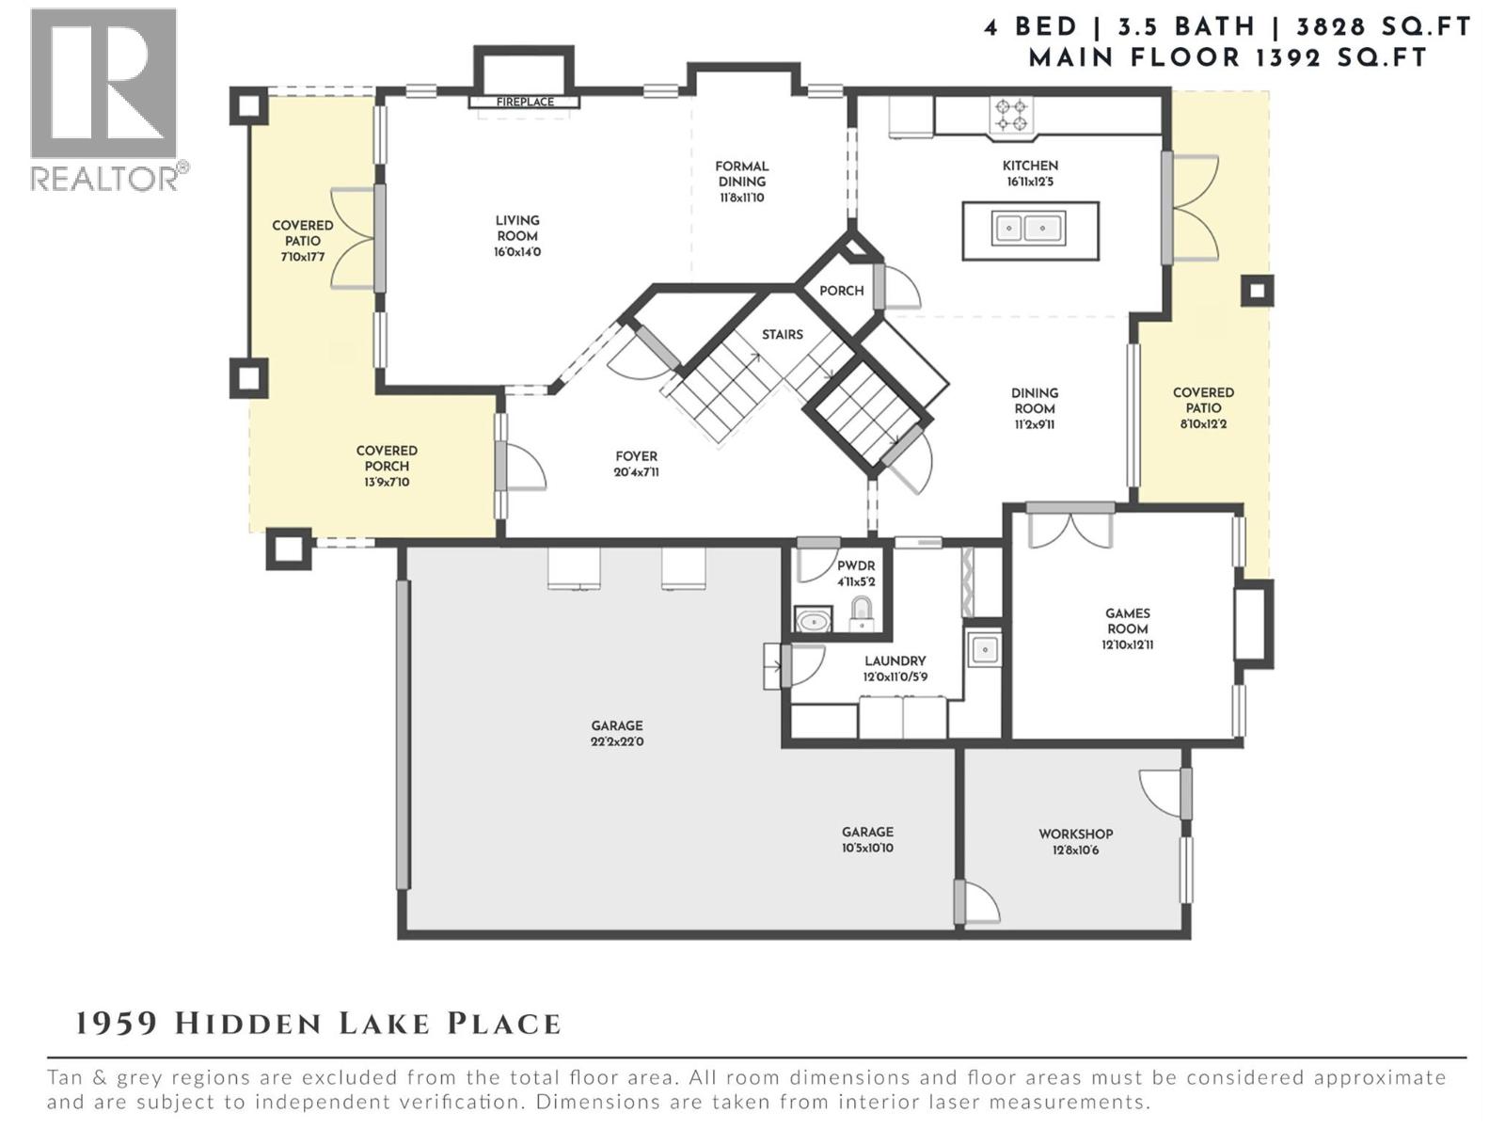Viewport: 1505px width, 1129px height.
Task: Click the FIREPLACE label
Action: (x=525, y=102)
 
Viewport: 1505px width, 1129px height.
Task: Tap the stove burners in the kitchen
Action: (x=1012, y=115)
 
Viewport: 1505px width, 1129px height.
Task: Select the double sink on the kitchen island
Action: (x=1029, y=228)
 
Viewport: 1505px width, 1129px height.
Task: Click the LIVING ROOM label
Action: (x=517, y=228)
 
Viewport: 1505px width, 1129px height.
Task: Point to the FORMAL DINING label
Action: (x=742, y=174)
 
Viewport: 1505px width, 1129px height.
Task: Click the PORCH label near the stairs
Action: (x=841, y=291)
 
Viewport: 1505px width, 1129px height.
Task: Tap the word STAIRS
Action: (x=783, y=334)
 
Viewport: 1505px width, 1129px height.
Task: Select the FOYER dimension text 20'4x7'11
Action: (x=637, y=472)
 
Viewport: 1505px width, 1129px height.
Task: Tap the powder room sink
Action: (x=813, y=621)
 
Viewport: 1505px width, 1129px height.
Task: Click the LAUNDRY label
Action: (x=895, y=661)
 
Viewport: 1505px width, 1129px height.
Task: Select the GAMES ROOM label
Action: (x=1127, y=621)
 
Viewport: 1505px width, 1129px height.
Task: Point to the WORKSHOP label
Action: (x=1075, y=834)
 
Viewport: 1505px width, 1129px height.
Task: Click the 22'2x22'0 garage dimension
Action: (x=617, y=741)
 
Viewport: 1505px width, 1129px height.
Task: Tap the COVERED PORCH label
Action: (x=387, y=458)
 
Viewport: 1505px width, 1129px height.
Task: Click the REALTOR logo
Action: (x=104, y=99)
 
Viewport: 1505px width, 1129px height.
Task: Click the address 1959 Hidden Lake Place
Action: (x=318, y=1024)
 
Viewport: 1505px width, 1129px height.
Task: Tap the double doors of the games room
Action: (x=1070, y=527)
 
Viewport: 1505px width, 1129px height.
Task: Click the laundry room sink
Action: (x=984, y=649)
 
